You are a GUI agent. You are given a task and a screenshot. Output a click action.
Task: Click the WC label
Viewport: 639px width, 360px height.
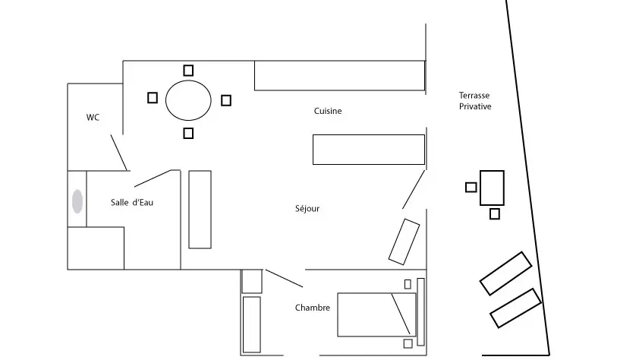93,117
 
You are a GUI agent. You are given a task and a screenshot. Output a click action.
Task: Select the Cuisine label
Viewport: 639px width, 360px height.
328,111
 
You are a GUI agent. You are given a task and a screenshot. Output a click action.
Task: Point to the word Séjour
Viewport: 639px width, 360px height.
307,209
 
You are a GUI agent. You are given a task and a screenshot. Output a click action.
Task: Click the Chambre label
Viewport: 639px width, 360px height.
312,308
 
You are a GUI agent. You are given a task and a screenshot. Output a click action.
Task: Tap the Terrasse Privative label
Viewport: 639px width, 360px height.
474,101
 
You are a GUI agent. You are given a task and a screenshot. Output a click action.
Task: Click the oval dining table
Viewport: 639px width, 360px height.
188,99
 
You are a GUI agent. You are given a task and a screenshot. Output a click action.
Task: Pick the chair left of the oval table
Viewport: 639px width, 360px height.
153,97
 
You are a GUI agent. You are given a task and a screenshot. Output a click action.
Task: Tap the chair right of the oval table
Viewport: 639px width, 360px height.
225,100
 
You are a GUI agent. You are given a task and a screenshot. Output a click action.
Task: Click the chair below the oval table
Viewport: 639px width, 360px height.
188,134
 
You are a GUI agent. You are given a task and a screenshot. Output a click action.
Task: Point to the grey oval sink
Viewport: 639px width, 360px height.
77,202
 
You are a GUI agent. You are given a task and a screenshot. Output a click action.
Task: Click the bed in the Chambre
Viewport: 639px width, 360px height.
376,314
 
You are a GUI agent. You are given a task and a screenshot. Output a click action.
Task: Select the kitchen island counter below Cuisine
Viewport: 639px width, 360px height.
368,150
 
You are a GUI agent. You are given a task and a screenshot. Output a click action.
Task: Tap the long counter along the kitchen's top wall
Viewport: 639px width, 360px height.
338,75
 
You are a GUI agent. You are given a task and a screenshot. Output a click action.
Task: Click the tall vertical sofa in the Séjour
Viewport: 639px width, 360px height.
200,209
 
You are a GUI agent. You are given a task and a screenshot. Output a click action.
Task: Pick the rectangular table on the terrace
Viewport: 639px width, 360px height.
492,188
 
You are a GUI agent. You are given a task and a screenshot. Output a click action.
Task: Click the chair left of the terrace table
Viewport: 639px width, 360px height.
471,187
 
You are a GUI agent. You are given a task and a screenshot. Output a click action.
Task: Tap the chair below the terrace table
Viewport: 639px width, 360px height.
495,214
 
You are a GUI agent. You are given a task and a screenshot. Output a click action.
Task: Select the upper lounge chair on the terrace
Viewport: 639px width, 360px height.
505,273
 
